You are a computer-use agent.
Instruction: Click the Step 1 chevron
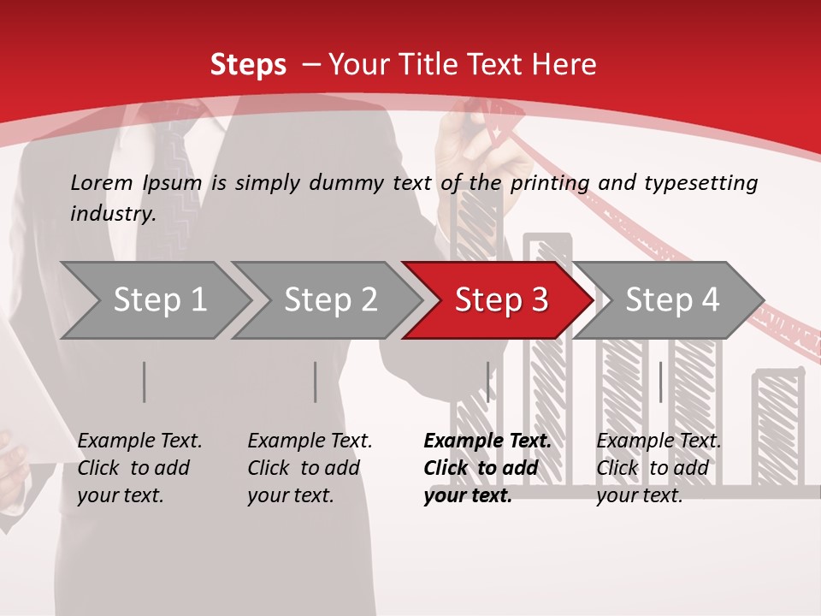154,300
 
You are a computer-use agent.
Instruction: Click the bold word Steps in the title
248,64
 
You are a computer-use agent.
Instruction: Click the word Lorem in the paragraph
101,182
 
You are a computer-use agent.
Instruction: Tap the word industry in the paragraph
113,213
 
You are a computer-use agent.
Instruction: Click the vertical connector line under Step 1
144,382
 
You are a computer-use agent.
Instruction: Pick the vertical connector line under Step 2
315,382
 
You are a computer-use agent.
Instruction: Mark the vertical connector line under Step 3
487,382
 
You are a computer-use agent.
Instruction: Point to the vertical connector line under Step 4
660,382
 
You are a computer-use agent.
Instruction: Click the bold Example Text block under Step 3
487,468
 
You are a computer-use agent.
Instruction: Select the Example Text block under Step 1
139,468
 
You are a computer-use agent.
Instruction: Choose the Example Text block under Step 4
659,468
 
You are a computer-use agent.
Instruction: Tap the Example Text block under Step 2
310,468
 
